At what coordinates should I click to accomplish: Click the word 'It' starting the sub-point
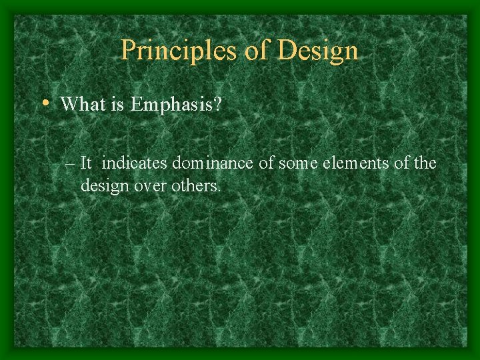(x=86, y=163)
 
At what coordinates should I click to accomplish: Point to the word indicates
(x=135, y=163)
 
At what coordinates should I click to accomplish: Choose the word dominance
(x=214, y=163)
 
